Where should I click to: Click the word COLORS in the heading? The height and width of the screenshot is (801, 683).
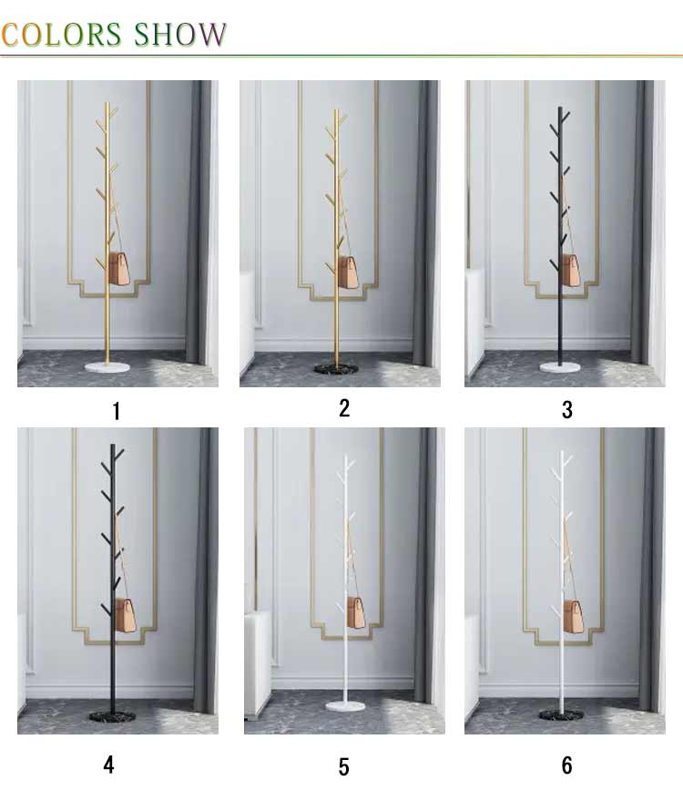[61, 35]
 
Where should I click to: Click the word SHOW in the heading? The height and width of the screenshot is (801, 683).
[180, 35]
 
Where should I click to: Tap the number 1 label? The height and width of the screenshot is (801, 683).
[117, 411]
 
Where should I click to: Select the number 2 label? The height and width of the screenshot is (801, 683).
[344, 408]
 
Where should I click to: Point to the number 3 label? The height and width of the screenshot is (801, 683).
[567, 410]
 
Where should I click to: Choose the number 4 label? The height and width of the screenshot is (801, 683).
[108, 765]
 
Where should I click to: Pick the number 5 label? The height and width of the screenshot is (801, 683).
[344, 766]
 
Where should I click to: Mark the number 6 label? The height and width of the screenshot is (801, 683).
[567, 765]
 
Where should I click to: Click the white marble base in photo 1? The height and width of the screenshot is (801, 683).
[107, 365]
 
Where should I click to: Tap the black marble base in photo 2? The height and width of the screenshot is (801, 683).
[336, 368]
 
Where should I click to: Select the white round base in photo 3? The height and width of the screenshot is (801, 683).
[560, 366]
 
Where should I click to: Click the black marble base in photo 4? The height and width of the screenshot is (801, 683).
[112, 716]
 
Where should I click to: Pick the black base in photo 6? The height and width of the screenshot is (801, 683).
[561, 714]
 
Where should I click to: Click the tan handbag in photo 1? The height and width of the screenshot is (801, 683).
[119, 270]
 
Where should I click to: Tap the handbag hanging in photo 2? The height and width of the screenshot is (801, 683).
[348, 272]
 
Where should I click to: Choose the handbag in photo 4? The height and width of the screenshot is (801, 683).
[126, 614]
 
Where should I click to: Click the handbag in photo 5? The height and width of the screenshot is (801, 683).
[356, 613]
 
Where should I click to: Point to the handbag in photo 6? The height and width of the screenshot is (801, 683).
[574, 617]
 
